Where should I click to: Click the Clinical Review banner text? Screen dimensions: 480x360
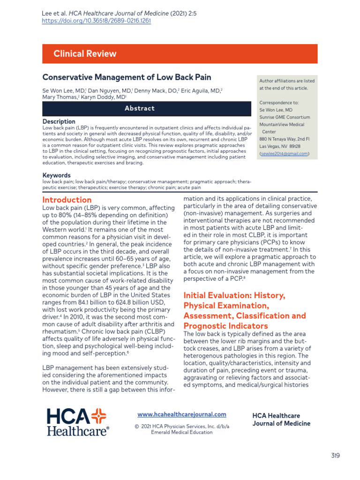tap(85, 53)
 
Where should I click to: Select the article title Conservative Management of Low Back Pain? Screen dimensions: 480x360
tap(127, 77)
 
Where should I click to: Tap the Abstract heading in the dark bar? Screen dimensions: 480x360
tap(139, 108)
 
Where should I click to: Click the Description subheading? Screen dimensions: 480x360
tap(59, 121)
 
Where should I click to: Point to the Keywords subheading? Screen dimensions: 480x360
tap(57, 175)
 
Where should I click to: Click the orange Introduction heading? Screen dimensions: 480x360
tap(67, 200)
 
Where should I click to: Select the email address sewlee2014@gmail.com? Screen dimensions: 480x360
tap(284, 153)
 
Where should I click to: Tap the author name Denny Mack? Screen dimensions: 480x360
tap(151, 90)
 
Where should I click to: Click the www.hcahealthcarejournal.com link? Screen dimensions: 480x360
tap(181, 414)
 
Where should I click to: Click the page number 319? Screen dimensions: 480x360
tap(335, 455)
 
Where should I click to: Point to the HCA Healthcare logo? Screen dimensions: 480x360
tap(77, 421)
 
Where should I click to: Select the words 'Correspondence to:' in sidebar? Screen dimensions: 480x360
tap(279, 103)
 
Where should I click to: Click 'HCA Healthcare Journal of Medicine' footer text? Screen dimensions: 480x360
tap(281, 420)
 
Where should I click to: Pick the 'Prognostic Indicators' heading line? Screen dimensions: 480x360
tap(225, 325)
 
